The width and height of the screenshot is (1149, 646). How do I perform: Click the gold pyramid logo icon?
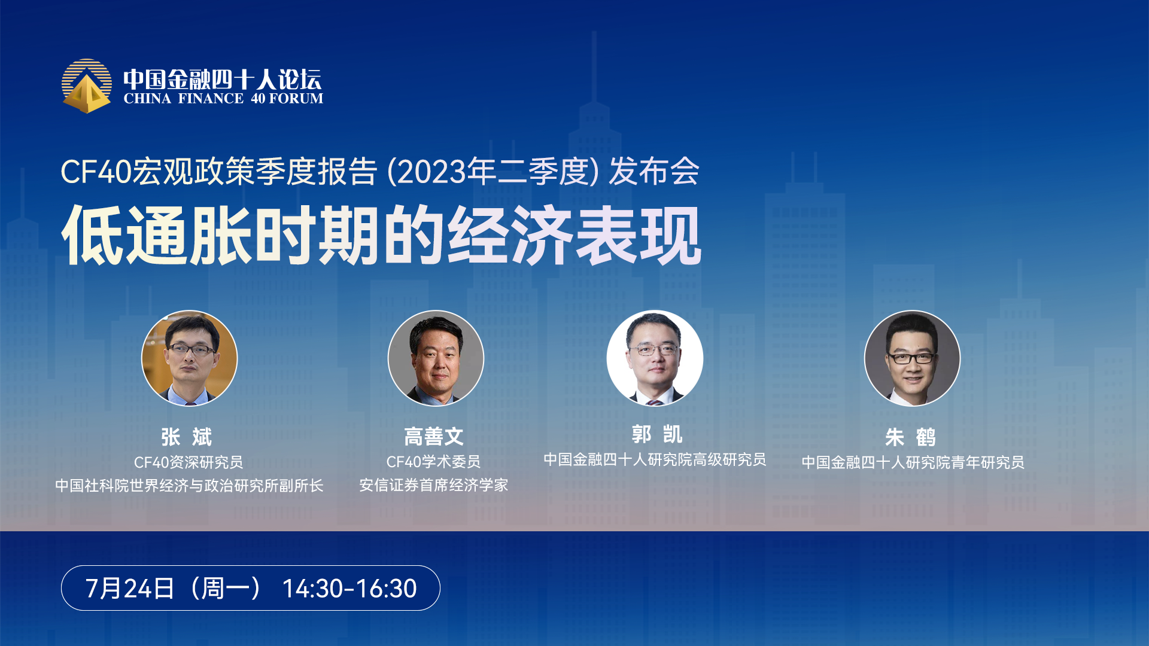[x=87, y=86]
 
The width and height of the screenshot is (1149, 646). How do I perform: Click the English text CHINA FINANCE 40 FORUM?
[x=223, y=99]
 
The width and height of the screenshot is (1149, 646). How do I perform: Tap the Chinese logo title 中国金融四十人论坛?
[x=223, y=79]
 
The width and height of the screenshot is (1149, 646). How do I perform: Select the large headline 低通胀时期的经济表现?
[x=381, y=235]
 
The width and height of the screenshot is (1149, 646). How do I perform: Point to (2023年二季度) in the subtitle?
[x=493, y=172]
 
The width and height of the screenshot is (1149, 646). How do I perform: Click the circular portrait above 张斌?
[x=189, y=358]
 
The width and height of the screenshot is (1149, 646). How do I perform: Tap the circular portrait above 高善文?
[x=436, y=358]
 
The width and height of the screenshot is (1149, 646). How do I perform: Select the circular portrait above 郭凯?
[x=655, y=358]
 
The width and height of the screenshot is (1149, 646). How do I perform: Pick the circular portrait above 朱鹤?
[x=912, y=358]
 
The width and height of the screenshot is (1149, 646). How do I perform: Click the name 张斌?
[x=187, y=437]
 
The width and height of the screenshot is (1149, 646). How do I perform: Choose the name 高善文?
[x=434, y=437]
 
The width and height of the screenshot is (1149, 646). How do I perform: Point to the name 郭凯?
[x=657, y=434]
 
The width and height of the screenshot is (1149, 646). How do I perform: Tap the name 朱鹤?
[x=911, y=437]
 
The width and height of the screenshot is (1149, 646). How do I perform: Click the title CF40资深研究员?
[x=189, y=462]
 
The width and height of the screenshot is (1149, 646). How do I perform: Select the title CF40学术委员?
[x=433, y=462]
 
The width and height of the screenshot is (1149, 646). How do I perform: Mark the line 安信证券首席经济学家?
[x=433, y=485]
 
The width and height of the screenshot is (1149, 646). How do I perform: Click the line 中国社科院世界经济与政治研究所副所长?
[x=189, y=486]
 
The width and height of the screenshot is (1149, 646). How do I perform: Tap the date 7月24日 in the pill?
[x=130, y=589]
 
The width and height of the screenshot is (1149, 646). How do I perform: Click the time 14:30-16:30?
[x=349, y=589]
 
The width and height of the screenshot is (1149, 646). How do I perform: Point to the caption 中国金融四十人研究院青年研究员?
[x=913, y=462]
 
